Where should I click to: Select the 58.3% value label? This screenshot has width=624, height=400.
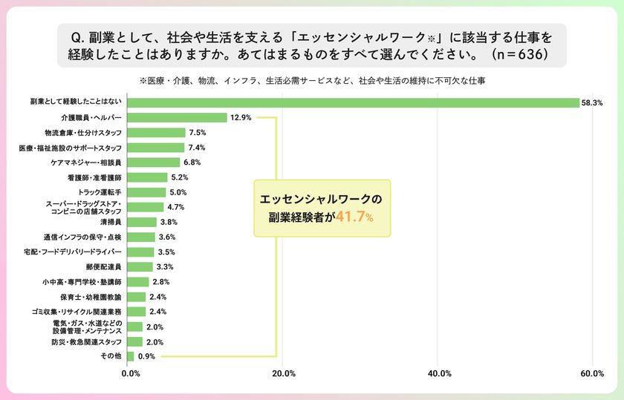coord(591,103)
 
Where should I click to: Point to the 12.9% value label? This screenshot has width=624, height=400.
coord(241,117)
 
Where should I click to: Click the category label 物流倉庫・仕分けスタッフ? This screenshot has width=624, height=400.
coord(83,132)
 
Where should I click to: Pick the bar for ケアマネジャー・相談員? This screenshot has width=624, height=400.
coord(154,163)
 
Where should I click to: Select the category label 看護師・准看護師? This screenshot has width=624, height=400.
coord(94,177)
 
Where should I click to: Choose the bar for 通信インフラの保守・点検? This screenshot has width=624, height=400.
coord(141,237)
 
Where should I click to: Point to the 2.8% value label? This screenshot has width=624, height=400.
coord(160,282)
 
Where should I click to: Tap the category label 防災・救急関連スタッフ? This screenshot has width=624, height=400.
coord(86,342)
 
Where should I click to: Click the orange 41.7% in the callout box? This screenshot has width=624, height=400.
coord(354,217)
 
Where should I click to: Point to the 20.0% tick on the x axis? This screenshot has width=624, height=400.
coord(284,373)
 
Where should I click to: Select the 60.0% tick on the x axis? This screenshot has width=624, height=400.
coord(591,373)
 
